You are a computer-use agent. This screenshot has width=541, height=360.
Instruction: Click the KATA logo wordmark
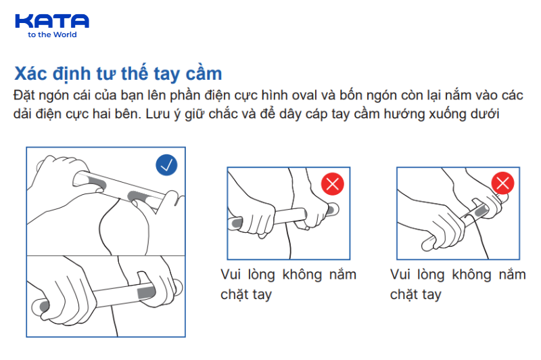point(52,21)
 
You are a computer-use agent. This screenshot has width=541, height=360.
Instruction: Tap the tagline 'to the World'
point(52,35)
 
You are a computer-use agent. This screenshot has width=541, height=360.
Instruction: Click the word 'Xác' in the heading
point(30,74)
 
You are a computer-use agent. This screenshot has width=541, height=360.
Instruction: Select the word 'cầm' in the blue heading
point(204,74)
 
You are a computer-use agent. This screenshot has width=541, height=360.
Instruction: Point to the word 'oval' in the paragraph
point(304,95)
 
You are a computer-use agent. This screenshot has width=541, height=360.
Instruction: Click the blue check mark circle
point(166,165)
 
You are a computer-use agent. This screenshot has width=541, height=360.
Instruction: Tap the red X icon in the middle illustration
point(333,184)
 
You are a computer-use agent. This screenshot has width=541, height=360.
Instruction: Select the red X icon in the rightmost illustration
point(502,183)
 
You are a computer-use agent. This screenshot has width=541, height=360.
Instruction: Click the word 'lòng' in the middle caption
point(262,275)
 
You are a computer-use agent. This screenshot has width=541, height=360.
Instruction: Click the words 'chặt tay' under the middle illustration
point(246,295)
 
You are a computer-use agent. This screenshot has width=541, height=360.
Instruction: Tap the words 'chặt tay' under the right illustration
point(416,295)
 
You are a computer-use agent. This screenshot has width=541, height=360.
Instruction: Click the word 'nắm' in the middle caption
point(343,275)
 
